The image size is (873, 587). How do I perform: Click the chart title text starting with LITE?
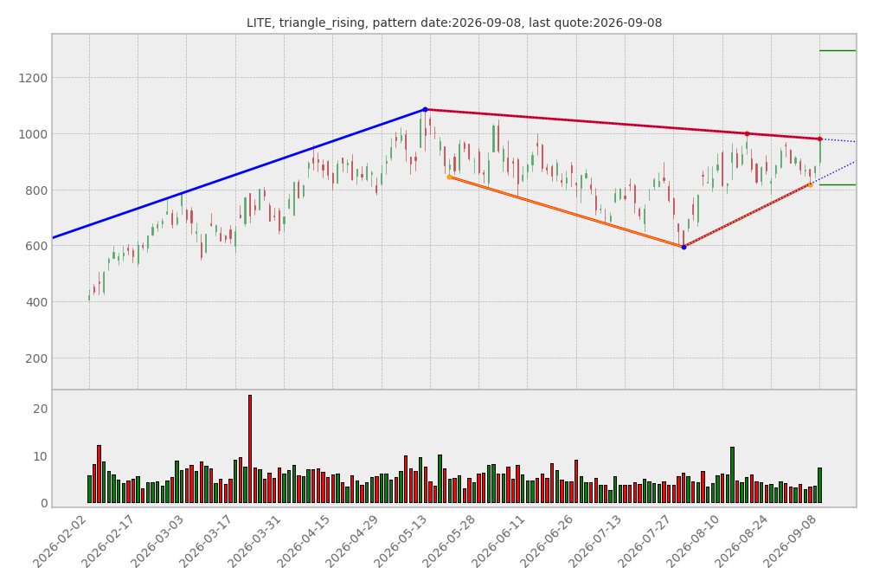(454, 23)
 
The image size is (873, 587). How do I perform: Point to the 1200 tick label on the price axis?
(33, 78)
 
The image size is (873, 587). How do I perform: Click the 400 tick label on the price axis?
(36, 302)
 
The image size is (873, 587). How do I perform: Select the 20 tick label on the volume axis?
(41, 409)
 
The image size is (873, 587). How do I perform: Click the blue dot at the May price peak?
(426, 110)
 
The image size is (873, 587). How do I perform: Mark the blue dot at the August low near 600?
(684, 247)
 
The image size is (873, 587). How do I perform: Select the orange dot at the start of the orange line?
(449, 177)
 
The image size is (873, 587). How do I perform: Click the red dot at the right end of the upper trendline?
(819, 139)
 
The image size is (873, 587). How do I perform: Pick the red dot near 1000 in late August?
(748, 133)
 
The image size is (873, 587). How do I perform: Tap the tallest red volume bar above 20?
(250, 448)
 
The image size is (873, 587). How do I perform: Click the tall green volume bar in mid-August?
(732, 475)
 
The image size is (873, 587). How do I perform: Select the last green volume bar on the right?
(819, 486)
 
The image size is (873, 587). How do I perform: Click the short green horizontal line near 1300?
(838, 51)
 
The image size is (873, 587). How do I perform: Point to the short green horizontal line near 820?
(838, 185)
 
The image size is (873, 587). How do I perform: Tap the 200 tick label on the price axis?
(36, 358)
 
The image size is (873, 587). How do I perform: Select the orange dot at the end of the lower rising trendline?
(810, 185)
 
